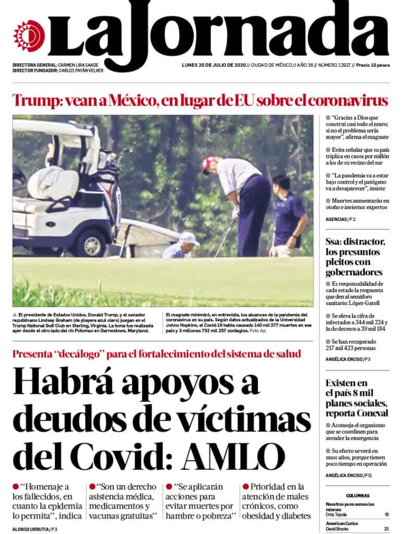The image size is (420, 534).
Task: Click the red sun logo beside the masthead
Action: [29, 36]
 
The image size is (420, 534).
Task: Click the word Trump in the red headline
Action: [34, 100]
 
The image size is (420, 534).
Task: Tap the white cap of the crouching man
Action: [189, 238]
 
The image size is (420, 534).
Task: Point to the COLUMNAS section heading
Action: [357, 495]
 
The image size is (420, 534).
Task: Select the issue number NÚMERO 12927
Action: [332, 65]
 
